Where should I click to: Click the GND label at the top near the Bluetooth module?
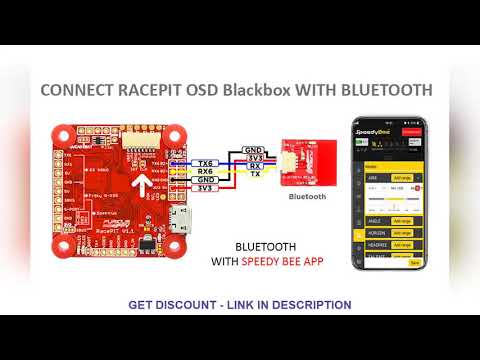[254, 149]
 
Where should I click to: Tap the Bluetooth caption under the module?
[307, 197]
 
